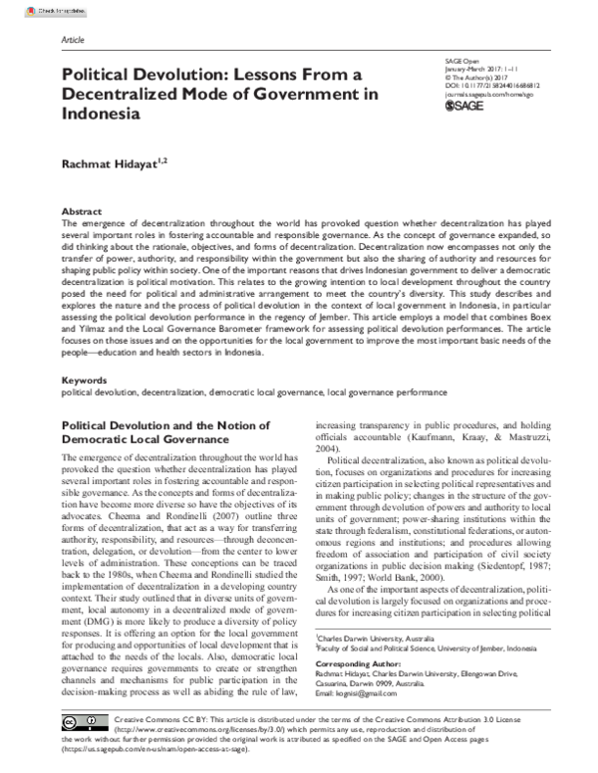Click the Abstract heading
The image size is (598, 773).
point(81,212)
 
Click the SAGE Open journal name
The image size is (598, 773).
point(460,61)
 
